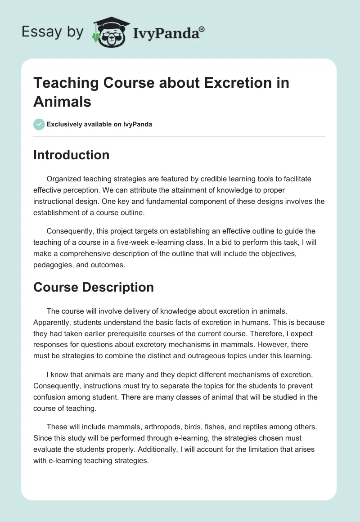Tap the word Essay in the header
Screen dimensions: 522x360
(36, 32)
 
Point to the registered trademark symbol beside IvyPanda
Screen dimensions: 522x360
(202, 29)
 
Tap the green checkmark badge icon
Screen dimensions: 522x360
(39, 124)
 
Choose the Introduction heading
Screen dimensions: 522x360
(71, 155)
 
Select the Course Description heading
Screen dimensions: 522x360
(94, 287)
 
